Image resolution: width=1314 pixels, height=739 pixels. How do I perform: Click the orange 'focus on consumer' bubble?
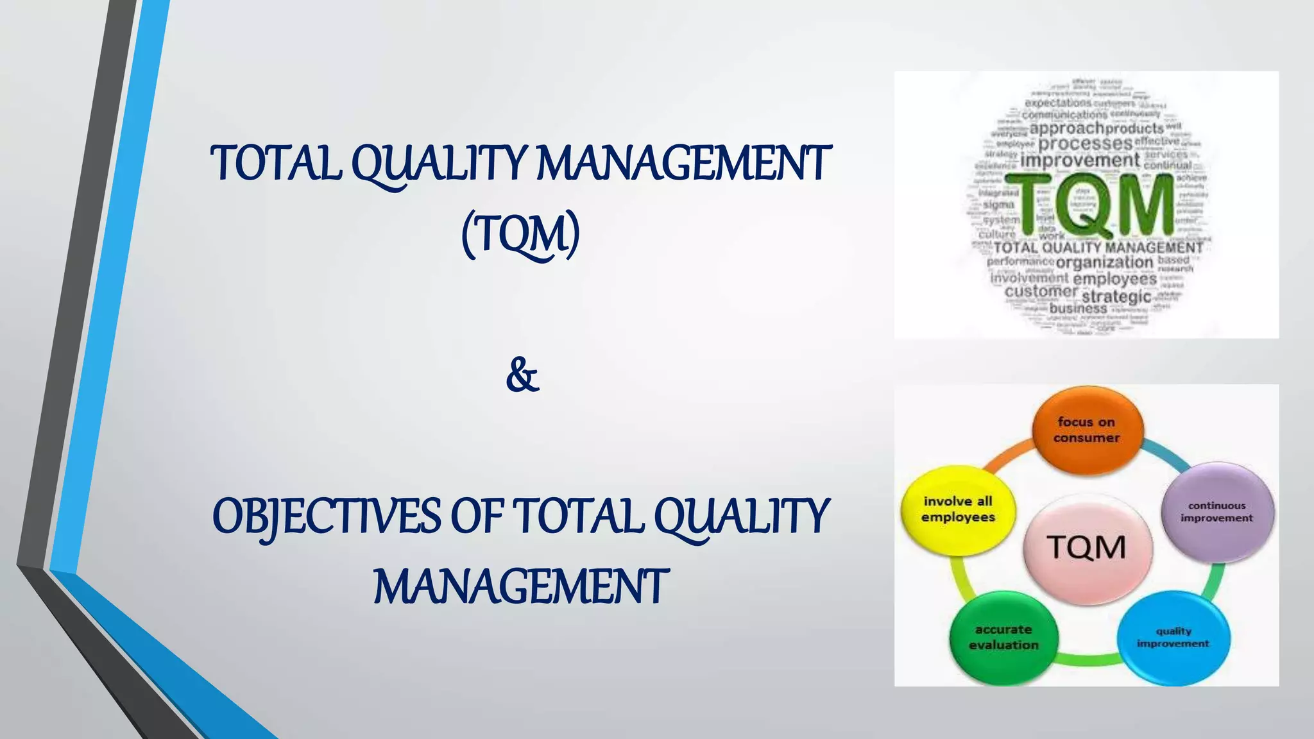[1087, 430]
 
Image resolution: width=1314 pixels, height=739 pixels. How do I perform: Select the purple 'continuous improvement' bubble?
[1217, 512]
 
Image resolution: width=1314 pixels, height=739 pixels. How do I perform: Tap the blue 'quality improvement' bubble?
[1173, 637]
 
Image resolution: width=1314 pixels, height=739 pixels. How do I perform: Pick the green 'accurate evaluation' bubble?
[1003, 637]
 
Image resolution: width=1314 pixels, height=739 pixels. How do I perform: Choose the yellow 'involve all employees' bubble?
[958, 509]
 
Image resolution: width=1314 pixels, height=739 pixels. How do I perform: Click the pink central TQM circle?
[1087, 548]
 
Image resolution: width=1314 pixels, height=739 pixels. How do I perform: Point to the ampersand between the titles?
[522, 376]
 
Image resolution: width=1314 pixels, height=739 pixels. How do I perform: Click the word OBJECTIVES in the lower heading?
[327, 517]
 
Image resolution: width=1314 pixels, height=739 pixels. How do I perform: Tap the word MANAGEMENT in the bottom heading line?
[521, 587]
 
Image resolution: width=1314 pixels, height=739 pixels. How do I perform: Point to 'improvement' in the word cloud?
[1080, 160]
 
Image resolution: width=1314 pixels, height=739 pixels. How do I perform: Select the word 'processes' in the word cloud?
[1085, 144]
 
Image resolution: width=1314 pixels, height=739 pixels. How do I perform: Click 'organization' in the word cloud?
[1104, 262]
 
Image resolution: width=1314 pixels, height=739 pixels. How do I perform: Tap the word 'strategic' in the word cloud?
[1116, 296]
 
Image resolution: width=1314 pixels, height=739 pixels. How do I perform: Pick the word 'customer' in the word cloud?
[1041, 292]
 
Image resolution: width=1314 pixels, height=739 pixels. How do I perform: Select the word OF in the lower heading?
[476, 517]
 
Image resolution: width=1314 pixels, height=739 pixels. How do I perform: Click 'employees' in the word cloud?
[1114, 279]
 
